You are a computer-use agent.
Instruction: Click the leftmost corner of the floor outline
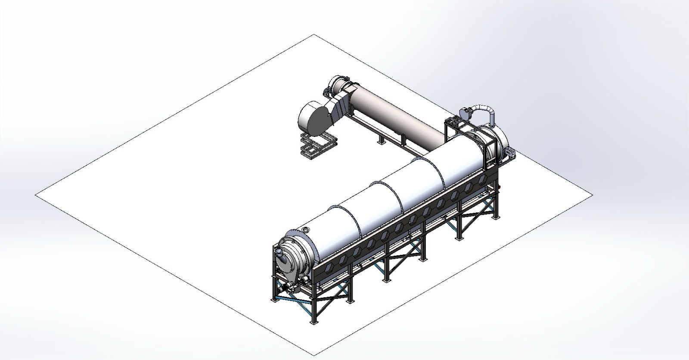(x=35, y=195)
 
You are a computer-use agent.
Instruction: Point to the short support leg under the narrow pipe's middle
(x=381, y=140)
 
